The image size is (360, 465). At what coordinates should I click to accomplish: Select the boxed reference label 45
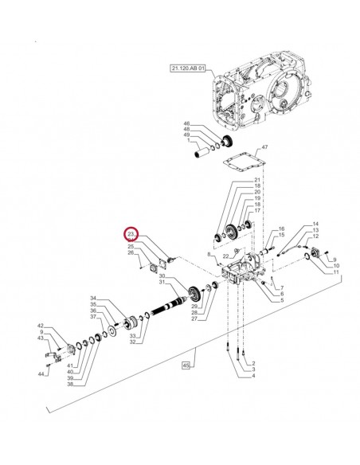(188, 365)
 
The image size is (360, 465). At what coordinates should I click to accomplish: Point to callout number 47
(265, 148)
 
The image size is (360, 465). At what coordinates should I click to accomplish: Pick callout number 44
(40, 373)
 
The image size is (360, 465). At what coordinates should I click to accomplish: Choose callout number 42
(40, 326)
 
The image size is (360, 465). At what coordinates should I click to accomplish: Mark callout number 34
(92, 297)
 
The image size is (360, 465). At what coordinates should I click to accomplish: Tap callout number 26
(131, 254)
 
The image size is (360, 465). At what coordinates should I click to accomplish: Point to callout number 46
(187, 124)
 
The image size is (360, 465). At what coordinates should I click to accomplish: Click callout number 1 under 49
(187, 141)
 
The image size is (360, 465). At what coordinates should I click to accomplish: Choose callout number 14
(315, 225)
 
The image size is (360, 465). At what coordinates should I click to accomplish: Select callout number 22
(225, 256)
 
